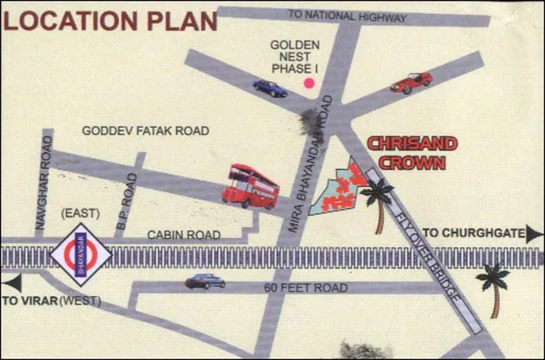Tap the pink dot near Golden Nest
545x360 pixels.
pyautogui.click(x=309, y=83)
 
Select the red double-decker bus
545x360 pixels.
pyautogui.click(x=251, y=186)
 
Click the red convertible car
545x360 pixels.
pyautogui.click(x=411, y=82)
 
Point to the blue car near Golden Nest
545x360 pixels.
pyautogui.click(x=269, y=88)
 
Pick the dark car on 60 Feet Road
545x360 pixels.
pyautogui.click(x=205, y=281)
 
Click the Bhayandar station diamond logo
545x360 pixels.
pyautogui.click(x=81, y=255)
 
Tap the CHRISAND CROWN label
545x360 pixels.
pyautogui.click(x=411, y=154)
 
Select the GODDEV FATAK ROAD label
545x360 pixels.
pyautogui.click(x=145, y=131)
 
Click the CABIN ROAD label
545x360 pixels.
pyautogui.click(x=184, y=235)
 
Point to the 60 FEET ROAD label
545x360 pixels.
pyautogui.click(x=305, y=288)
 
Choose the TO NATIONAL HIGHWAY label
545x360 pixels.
pyautogui.click(x=347, y=16)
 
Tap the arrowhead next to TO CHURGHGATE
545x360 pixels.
pyautogui.click(x=533, y=233)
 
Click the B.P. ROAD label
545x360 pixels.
pyautogui.click(x=127, y=200)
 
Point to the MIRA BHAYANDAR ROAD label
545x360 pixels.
pyautogui.click(x=311, y=164)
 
